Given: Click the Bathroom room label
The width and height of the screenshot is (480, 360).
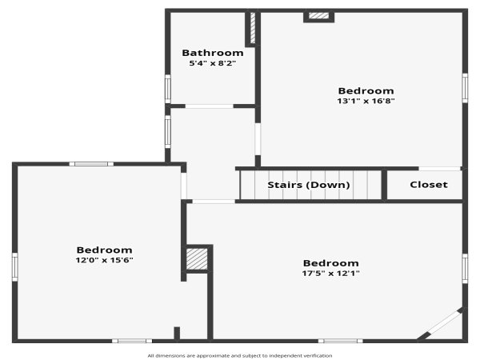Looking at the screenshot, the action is coord(213,53).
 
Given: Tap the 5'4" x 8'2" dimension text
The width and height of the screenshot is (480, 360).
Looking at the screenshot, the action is coord(213,63).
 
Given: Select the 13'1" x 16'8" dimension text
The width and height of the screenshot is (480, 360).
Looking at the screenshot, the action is coord(366,101).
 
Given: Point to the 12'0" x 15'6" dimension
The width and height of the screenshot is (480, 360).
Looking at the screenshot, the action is coord(104,260).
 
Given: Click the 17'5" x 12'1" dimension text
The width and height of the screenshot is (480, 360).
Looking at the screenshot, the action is coord(331,273).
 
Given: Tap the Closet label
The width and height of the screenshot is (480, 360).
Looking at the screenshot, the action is coord(429,185).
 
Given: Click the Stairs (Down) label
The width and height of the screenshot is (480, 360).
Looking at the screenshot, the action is coord(309,185).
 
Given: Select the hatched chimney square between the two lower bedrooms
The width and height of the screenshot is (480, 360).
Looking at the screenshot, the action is coord(197,259).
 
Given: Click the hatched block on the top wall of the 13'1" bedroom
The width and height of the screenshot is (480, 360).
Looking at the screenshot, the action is coord(318,16).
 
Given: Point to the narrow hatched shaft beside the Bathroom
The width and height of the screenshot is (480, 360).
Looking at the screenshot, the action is coord(253,27).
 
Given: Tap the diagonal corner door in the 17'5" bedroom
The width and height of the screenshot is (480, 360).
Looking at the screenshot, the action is coord(441,326).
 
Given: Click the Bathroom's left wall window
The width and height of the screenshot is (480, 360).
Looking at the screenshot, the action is coord(168,89).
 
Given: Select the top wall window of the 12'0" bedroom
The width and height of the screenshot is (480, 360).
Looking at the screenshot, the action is coord(91,164).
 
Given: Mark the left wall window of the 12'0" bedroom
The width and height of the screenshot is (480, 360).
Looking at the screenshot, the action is coord(14,266).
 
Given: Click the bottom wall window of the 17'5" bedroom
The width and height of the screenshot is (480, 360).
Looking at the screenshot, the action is coord(341,341).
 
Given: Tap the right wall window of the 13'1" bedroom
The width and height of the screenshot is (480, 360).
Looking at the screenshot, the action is coord(465,88).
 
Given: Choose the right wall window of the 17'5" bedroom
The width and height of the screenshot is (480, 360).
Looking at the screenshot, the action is coord(465,269).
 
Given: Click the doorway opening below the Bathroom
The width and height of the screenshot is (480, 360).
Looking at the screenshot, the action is coord(210,106).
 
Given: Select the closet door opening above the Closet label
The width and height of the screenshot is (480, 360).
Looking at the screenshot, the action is coord(439,169).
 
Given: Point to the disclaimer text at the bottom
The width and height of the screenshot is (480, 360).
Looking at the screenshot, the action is coord(240,356).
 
